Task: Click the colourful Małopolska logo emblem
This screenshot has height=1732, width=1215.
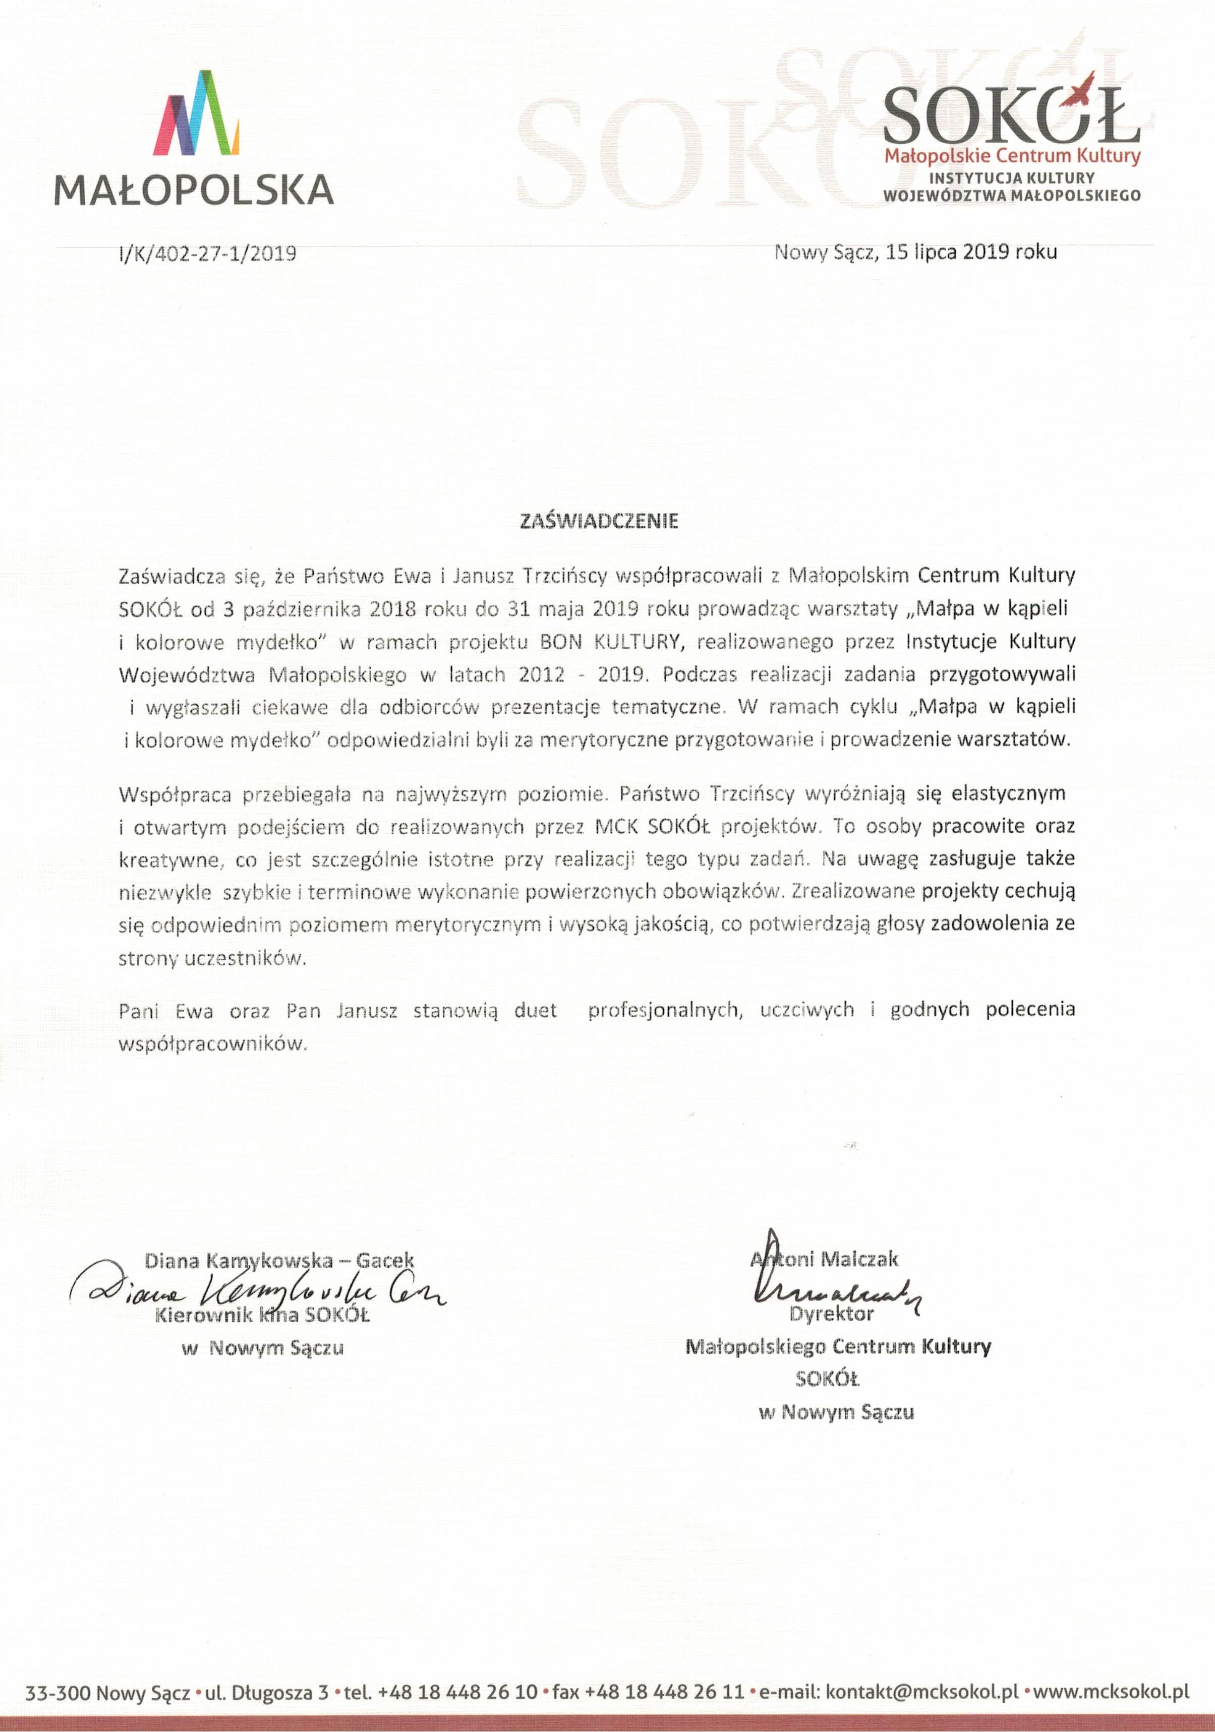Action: (x=196, y=113)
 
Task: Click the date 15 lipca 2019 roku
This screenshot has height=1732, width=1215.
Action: (x=971, y=252)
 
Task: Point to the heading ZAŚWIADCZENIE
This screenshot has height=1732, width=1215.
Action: (x=599, y=521)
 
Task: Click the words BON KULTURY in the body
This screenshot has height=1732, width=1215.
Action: (x=610, y=642)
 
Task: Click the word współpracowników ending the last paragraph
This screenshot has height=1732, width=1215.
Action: (x=213, y=1044)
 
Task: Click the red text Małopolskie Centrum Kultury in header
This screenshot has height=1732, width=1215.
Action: (x=1012, y=156)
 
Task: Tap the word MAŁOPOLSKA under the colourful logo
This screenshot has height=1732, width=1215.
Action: (x=194, y=190)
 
